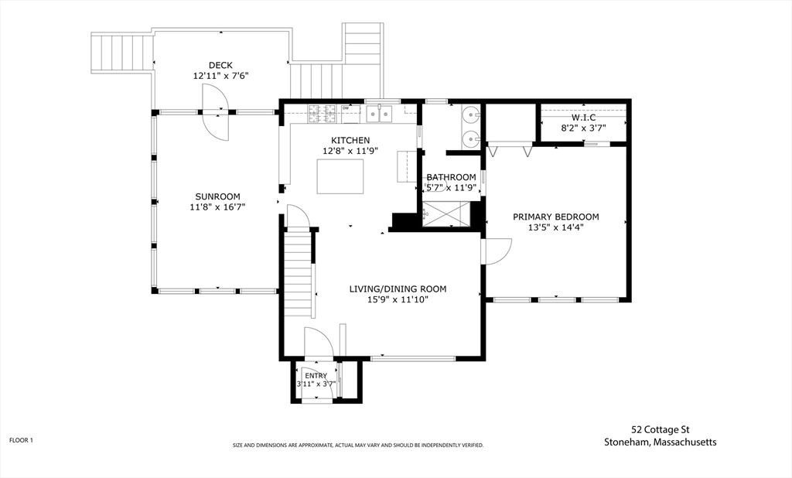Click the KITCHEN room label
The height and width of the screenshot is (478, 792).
pyautogui.click(x=350, y=141)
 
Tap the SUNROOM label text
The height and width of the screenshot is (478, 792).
pyautogui.click(x=217, y=196)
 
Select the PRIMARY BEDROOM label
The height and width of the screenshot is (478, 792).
pyautogui.click(x=555, y=217)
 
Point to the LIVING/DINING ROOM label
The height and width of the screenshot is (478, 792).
pyautogui.click(x=398, y=289)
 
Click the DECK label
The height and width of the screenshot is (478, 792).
pyautogui.click(x=220, y=65)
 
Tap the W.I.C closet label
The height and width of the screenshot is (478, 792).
pyautogui.click(x=583, y=118)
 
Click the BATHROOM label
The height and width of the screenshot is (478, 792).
pyautogui.click(x=451, y=177)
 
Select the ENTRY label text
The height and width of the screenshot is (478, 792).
pyautogui.click(x=316, y=375)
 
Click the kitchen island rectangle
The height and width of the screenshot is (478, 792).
pyautogui.click(x=340, y=176)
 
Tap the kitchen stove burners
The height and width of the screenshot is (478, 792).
pyautogui.click(x=323, y=114)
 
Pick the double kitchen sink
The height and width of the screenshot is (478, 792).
pyautogui.click(x=380, y=114)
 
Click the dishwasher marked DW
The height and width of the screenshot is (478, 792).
pyautogui.click(x=350, y=114)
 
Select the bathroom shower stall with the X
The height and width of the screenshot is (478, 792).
pyautogui.click(x=446, y=213)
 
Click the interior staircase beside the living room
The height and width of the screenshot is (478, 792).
pyautogui.click(x=298, y=273)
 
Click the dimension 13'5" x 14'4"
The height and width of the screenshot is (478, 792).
pyautogui.click(x=555, y=227)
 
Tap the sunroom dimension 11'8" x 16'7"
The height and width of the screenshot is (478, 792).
pyautogui.click(x=217, y=207)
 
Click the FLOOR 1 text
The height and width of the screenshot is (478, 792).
pyautogui.click(x=21, y=440)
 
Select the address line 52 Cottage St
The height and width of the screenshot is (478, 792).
pyautogui.click(x=661, y=430)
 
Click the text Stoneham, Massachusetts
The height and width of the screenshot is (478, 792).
pyautogui.click(x=661, y=442)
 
